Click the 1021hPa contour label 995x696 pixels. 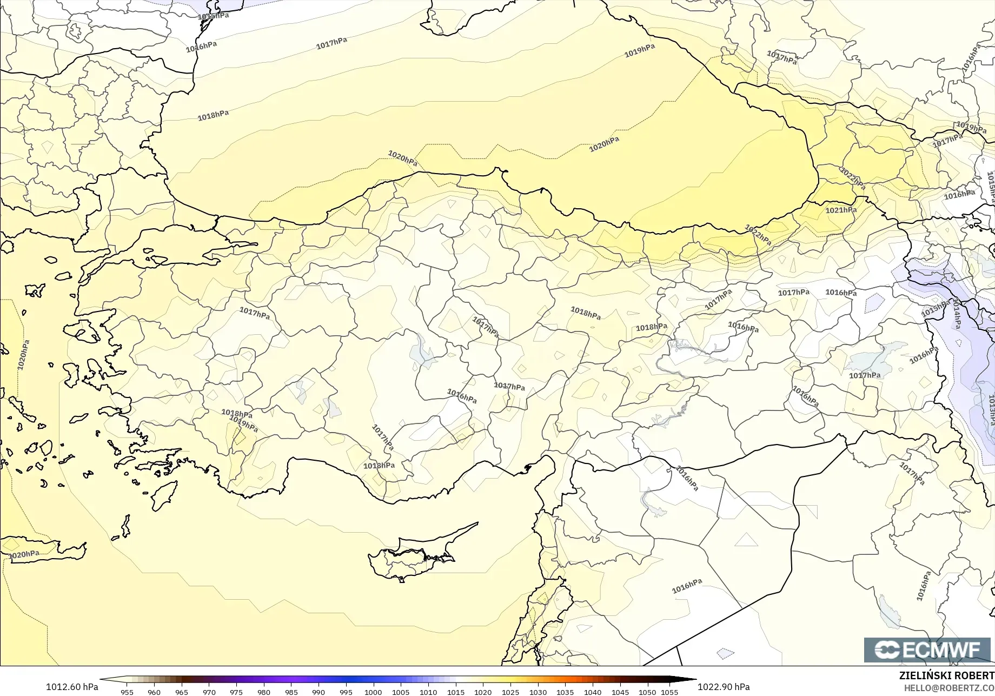point(841,210)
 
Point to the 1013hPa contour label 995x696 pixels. point(991,410)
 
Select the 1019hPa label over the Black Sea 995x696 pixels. point(640,51)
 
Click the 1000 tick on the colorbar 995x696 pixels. point(373,692)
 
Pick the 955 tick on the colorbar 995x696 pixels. point(127,692)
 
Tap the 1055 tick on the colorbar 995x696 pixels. point(669,692)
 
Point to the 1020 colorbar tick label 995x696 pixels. point(483,692)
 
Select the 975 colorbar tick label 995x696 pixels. point(236,692)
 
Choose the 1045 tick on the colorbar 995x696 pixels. point(620,692)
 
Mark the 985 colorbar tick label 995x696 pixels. point(291,692)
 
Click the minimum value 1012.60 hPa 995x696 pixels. point(72,687)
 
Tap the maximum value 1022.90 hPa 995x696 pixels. point(724,687)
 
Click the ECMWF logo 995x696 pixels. point(927,650)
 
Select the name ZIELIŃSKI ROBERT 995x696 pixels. point(946,675)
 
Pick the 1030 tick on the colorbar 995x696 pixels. point(538,692)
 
